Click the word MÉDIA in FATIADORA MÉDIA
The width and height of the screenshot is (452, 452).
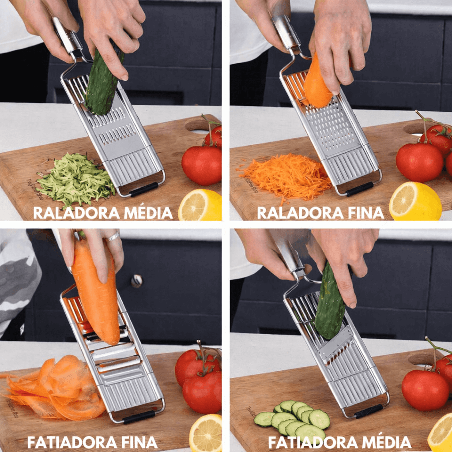[387, 442]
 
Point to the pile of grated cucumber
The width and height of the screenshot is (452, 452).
[75, 179]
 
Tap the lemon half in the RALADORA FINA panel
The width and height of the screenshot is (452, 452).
[415, 202]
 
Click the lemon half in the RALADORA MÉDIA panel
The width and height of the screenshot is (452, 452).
[200, 205]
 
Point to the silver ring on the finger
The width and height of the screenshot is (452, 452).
[113, 237]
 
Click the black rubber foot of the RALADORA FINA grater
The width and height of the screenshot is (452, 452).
[360, 189]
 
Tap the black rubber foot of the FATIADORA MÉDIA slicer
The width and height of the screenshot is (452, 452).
[369, 411]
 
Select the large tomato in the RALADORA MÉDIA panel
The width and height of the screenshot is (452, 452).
[201, 166]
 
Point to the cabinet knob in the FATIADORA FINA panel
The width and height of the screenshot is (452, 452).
[137, 281]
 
